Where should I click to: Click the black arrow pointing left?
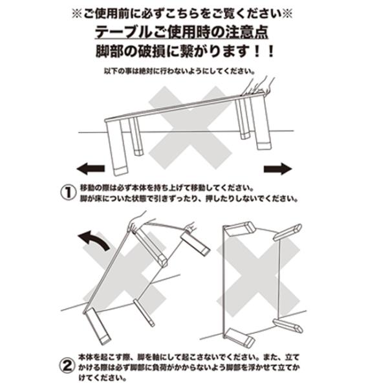(91, 169)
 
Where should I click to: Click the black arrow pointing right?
(277, 169)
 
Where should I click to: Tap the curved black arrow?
(94, 239)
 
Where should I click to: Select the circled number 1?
(68, 193)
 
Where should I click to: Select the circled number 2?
(67, 366)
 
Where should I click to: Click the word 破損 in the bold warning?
(152, 51)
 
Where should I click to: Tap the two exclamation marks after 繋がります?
(264, 52)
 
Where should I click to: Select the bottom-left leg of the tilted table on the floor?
(97, 326)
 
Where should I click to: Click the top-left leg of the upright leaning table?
(240, 229)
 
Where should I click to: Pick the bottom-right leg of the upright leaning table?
(288, 325)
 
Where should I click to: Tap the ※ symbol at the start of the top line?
(77, 14)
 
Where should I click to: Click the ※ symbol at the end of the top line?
(287, 14)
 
